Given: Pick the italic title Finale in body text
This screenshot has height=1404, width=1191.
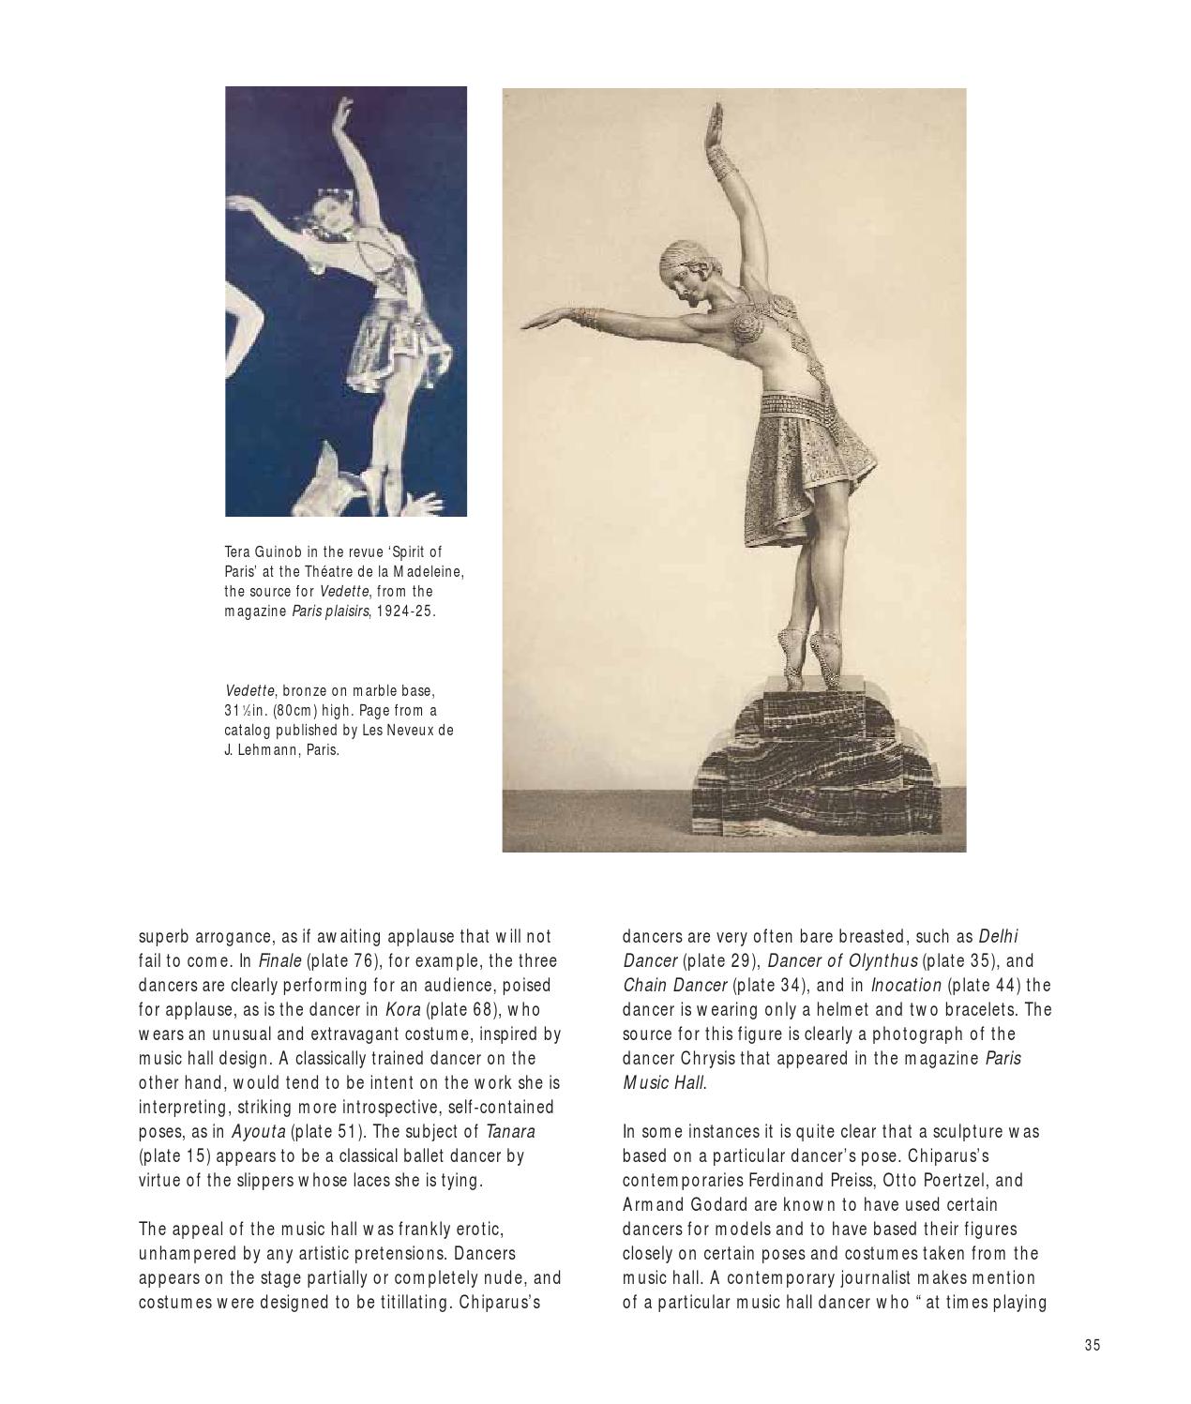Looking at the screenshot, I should click(x=279, y=961).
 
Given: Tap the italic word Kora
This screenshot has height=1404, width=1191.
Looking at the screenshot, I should click(x=402, y=1010).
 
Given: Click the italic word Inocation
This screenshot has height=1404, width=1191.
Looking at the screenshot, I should click(x=906, y=986).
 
